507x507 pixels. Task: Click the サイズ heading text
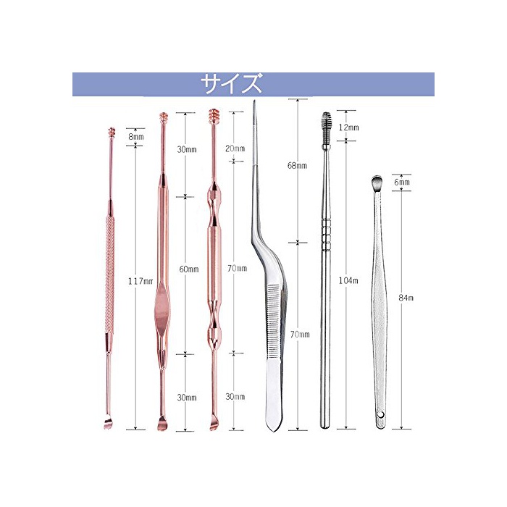231,84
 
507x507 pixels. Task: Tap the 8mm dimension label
136,136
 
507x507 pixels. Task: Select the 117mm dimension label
140,281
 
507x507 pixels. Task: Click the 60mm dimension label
189,269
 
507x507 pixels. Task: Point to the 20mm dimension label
235,148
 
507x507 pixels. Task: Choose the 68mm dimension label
297,166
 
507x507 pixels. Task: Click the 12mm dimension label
349,127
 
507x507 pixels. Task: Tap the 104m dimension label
348,281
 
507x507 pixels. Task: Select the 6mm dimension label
402,182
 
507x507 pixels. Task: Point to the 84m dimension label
406,298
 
